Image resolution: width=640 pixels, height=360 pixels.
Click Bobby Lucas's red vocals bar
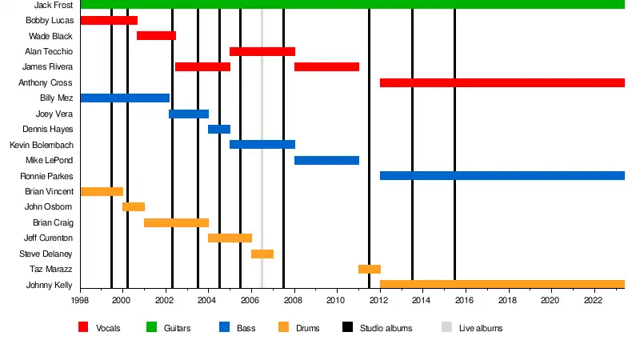109,20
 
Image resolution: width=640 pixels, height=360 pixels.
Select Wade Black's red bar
156,36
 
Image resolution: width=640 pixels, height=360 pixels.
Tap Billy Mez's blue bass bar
125,98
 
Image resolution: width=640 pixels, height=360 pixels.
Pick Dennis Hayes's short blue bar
219,129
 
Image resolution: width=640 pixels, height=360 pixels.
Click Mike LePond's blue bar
326,160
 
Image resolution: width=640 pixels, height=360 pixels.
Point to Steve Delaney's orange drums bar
262,254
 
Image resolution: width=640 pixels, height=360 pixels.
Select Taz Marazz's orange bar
370,269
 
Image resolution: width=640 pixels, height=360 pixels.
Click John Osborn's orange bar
134,206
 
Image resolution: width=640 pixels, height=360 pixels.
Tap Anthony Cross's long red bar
502,82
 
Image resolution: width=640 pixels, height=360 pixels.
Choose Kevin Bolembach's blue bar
262,145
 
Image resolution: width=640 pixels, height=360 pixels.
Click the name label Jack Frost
54,5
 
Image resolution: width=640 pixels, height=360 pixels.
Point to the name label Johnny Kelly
50,285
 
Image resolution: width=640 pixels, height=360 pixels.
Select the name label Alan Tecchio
49,51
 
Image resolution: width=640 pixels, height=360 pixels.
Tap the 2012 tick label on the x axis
378,301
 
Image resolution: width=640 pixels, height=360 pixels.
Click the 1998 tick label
80,301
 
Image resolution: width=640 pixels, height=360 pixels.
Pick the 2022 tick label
593,301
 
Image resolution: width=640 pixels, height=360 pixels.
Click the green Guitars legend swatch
151,327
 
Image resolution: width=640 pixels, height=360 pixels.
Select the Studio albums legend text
387,328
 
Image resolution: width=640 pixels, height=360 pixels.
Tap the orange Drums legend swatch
283,327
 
